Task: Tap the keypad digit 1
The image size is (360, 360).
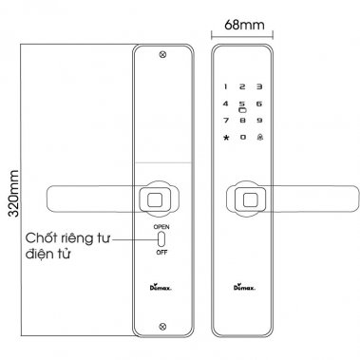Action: (x=226, y=85)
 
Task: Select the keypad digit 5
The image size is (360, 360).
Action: (x=242, y=103)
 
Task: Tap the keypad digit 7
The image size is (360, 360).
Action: (x=226, y=121)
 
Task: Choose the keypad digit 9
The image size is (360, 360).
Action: (x=259, y=121)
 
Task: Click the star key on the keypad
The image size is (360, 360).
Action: (x=226, y=139)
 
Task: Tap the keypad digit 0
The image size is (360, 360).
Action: (x=242, y=139)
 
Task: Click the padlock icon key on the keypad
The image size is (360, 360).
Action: (x=259, y=139)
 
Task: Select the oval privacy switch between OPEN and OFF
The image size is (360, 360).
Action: (x=161, y=240)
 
